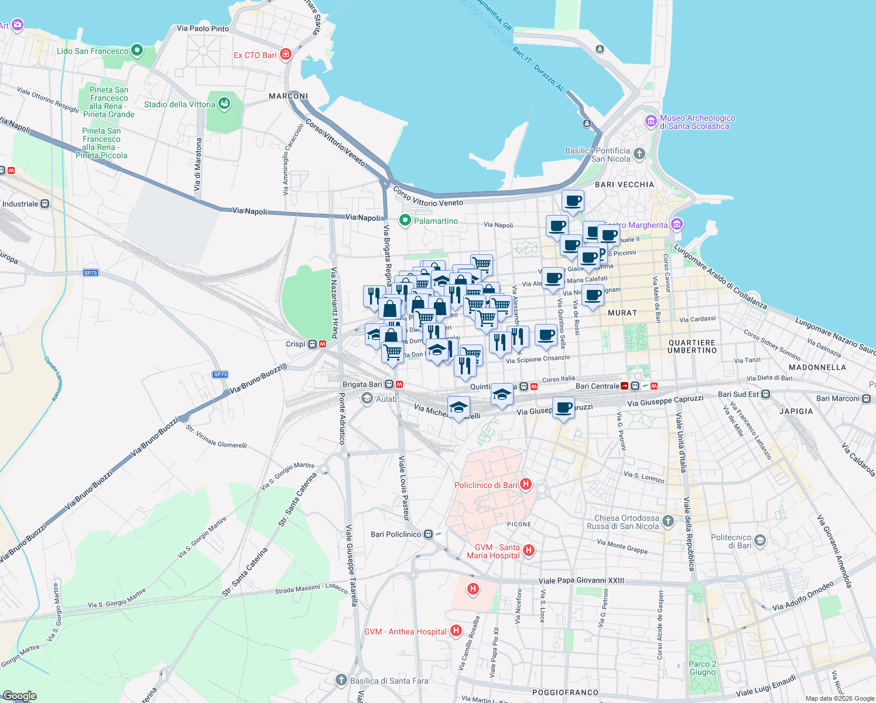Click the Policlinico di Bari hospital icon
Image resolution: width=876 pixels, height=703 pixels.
[x=526, y=484]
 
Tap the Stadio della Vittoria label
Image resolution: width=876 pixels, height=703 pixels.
[x=180, y=104]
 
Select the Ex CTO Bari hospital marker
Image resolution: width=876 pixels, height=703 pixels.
[x=286, y=54]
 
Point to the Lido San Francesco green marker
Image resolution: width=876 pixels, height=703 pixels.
[x=137, y=50]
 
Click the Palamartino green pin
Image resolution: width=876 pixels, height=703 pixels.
[x=405, y=220]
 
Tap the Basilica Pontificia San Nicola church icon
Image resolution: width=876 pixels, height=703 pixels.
[x=639, y=154]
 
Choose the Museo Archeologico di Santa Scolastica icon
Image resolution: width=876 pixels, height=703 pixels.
[x=651, y=121]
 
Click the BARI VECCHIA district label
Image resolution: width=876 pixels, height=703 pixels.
[x=624, y=185]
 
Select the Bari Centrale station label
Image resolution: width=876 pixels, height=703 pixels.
[x=597, y=386]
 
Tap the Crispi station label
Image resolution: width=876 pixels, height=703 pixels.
[x=296, y=344]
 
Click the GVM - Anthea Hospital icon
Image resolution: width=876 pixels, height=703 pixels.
[x=456, y=631]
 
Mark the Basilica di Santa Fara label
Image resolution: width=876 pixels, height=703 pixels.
[x=389, y=681]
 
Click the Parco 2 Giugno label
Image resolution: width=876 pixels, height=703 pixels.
[x=702, y=668]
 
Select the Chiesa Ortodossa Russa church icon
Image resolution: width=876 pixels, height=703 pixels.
[x=669, y=520]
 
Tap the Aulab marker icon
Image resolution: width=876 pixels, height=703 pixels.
[x=367, y=399]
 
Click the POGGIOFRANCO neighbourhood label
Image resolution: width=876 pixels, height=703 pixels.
[x=565, y=692]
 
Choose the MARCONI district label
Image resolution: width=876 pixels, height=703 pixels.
[x=288, y=96]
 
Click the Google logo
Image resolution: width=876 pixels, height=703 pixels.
[x=20, y=696]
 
